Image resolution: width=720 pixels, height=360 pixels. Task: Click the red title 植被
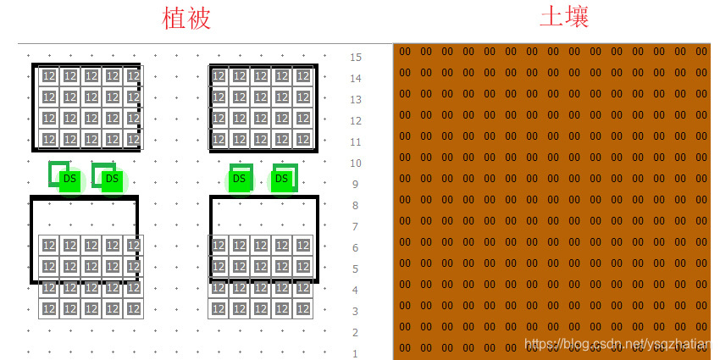coord(186,19)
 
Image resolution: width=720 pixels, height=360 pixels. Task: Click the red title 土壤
coord(563,17)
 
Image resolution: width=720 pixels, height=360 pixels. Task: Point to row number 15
coord(356,58)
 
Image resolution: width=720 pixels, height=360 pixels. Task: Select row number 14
coord(356,79)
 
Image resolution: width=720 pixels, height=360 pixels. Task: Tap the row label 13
coord(356,100)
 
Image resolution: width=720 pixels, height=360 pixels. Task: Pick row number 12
coord(356,121)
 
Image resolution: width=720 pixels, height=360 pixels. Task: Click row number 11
coord(356,142)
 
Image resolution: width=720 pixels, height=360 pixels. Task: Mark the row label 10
coord(356,163)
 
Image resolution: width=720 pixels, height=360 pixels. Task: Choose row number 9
coord(356,185)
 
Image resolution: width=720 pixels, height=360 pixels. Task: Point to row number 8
coord(356,206)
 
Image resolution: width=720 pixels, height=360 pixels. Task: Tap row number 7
coord(356,227)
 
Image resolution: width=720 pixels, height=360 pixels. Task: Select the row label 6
coord(356,248)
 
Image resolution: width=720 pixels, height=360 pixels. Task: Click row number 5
coord(356,269)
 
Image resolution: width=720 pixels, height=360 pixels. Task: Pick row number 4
coord(356,291)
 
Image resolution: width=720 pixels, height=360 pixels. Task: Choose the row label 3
coord(356,312)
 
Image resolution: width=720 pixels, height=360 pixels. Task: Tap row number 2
coord(356,333)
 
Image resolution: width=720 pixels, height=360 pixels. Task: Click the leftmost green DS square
coord(69,179)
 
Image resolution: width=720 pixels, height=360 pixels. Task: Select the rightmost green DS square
coord(283,179)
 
